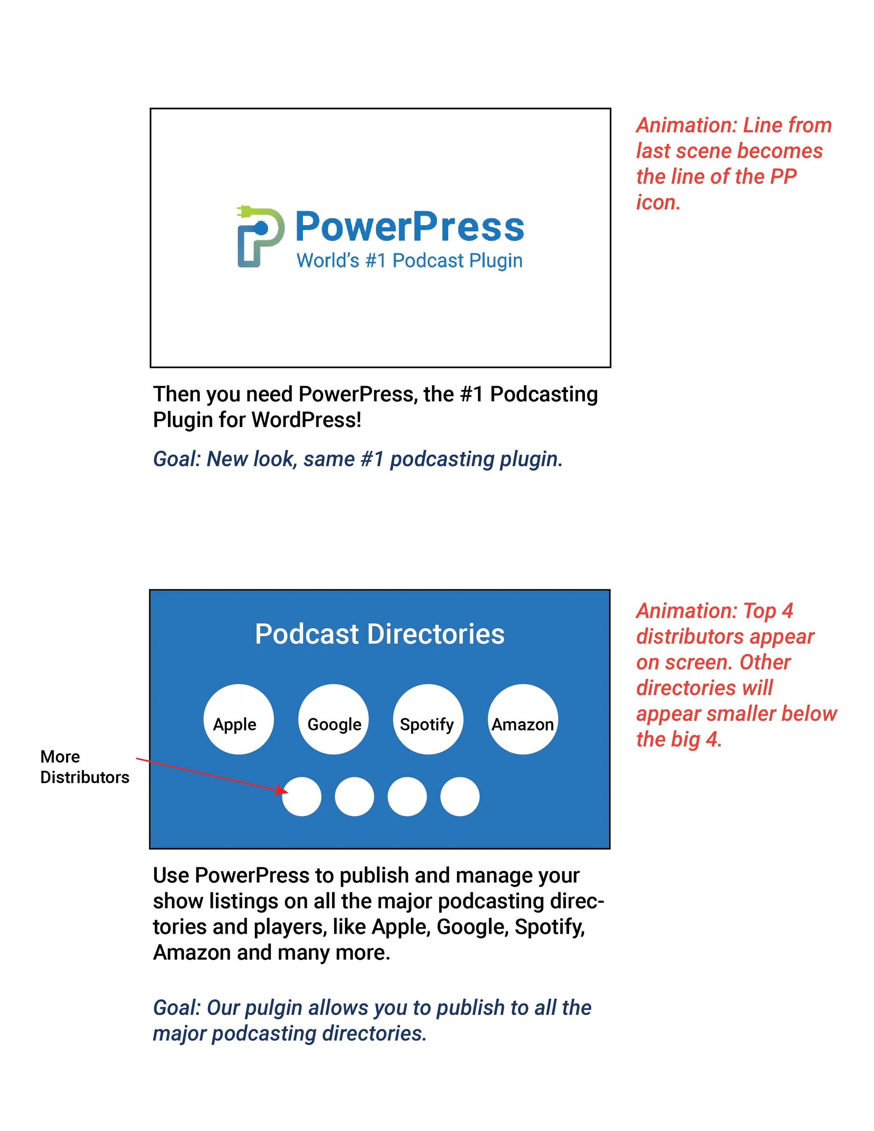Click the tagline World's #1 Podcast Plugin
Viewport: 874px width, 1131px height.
[409, 261]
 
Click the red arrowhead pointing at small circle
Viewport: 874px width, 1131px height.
[282, 790]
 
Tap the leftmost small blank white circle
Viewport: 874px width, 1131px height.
[301, 796]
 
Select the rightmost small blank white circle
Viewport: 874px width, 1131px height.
[460, 796]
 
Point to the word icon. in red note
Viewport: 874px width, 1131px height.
[658, 202]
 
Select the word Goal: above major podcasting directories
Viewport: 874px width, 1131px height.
[177, 1008]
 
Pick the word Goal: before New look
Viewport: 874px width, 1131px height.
[177, 459]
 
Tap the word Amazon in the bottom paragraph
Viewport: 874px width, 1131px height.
[192, 953]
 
